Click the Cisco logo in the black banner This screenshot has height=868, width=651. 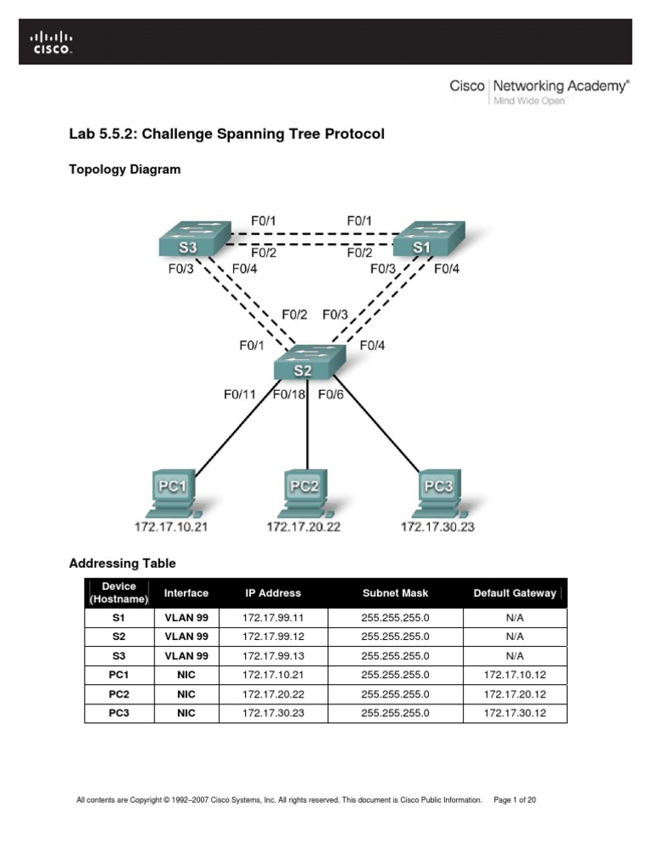tap(53, 42)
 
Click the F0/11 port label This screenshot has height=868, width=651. tap(240, 394)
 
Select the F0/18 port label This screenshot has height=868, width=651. tap(289, 394)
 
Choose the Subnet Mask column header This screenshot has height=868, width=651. tap(395, 593)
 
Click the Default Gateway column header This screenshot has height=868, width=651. tap(515, 593)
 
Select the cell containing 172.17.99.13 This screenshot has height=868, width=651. tap(272, 656)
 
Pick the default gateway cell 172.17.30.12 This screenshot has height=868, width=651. tap(515, 713)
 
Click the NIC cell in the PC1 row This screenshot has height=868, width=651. tap(186, 675)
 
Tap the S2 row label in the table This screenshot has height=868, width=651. tap(119, 637)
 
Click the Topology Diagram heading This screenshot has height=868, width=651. tap(124, 170)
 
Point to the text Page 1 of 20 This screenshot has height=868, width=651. tap(515, 799)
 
